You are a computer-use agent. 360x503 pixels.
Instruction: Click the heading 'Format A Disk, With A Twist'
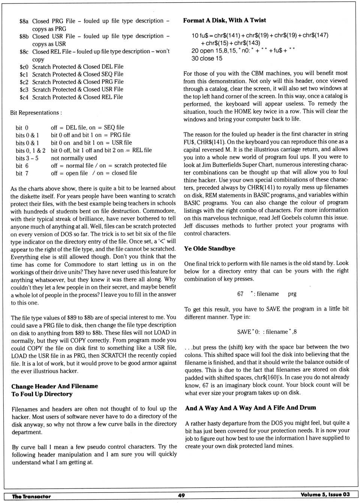click(x=224, y=20)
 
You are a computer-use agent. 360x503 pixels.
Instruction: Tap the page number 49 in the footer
click(x=181, y=495)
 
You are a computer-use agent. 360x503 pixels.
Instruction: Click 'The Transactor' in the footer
click(x=31, y=496)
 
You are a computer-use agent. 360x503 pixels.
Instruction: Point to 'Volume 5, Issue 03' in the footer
click(x=325, y=494)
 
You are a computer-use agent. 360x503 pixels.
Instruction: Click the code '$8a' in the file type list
click(x=24, y=21)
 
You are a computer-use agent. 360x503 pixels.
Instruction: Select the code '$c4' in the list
click(x=24, y=98)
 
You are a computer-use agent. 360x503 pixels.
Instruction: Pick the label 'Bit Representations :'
click(x=36, y=113)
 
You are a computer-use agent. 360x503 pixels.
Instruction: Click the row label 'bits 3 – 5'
click(x=27, y=158)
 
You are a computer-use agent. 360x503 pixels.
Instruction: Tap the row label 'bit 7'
click(x=22, y=173)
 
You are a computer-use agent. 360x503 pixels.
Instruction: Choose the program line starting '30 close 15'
click(x=207, y=59)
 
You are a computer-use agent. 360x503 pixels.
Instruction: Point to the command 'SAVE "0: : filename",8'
click(x=267, y=332)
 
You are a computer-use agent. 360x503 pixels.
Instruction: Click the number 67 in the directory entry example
click(x=240, y=294)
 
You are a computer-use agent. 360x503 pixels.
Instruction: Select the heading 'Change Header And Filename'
click(x=55, y=386)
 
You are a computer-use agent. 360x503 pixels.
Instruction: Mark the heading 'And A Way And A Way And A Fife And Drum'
click(x=250, y=408)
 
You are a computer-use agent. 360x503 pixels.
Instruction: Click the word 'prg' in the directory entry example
click(x=292, y=294)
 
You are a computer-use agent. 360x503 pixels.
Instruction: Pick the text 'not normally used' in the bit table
click(x=74, y=158)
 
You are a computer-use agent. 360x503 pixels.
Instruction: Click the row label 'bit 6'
click(x=22, y=165)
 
